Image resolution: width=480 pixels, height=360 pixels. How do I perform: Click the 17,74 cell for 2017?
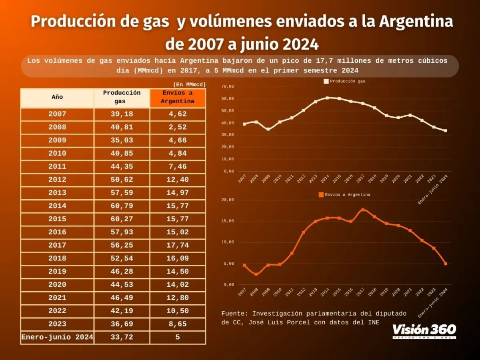click(178, 246)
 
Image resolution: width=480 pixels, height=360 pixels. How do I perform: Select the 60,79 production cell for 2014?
click(122, 206)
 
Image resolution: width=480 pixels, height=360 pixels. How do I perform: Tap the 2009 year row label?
click(57, 140)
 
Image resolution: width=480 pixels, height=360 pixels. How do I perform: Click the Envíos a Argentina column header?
click(178, 98)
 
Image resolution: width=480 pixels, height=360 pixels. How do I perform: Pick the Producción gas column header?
click(122, 98)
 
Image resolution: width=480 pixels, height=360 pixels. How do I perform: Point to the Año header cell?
click(57, 98)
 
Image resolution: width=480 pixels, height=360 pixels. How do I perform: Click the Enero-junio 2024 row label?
click(57, 337)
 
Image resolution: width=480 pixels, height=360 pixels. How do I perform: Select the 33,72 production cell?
click(122, 337)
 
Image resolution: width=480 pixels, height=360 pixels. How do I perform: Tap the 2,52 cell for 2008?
click(178, 127)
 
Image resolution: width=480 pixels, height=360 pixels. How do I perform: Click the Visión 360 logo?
click(424, 330)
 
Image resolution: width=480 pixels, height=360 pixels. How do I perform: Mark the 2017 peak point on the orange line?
click(363, 210)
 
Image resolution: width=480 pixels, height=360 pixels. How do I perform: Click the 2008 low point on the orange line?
click(256, 274)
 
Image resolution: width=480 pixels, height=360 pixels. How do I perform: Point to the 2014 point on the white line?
click(327, 98)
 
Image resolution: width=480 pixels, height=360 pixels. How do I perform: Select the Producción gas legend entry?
click(344, 81)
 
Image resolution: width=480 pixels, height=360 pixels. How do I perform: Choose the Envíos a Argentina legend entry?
click(344, 195)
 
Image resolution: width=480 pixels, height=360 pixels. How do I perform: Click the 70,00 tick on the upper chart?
click(228, 86)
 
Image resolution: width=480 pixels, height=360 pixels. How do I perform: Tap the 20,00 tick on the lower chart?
click(228, 200)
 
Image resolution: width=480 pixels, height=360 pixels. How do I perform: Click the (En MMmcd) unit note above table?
click(189, 84)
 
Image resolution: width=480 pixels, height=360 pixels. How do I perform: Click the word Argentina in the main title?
click(416, 22)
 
